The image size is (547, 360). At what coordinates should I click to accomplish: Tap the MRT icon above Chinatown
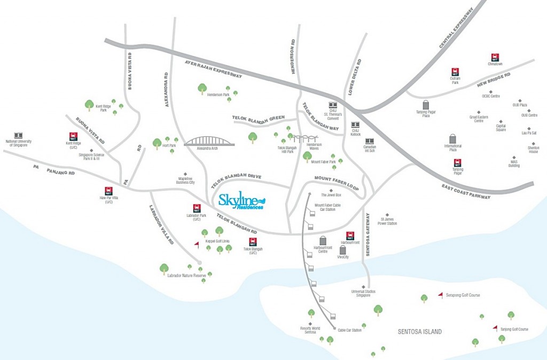495,57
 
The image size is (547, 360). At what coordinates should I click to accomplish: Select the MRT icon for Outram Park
455,72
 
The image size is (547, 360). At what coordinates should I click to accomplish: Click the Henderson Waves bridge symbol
307,138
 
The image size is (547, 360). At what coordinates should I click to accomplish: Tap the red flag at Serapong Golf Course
440,294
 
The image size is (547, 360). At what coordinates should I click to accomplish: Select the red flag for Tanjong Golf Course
495,328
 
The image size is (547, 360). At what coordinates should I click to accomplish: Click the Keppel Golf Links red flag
196,245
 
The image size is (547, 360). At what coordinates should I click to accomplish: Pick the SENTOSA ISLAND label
420,332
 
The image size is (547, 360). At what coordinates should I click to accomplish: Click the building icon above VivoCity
343,250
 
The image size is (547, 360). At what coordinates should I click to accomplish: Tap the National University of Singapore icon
19,136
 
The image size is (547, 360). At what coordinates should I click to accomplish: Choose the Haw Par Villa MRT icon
108,191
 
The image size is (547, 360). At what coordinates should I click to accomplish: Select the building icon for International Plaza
453,139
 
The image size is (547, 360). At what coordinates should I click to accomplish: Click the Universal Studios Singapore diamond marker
364,287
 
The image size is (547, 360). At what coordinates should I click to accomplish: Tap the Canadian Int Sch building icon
369,141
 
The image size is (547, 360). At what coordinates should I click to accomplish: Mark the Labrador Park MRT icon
196,208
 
